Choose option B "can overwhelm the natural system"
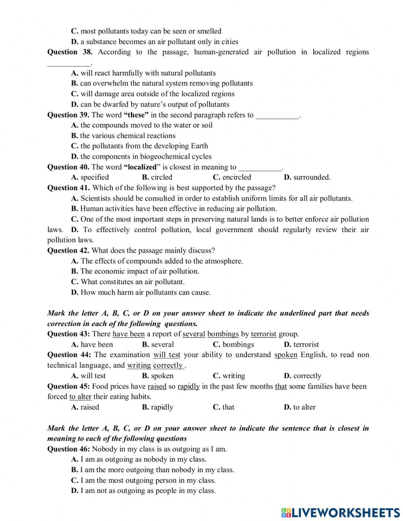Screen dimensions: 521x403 pyautogui.click(x=162, y=84)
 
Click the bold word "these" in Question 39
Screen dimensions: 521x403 pyautogui.click(x=136, y=115)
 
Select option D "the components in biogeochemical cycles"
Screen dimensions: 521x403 pyautogui.click(x=141, y=157)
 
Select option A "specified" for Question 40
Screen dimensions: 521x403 pyautogui.click(x=90, y=177)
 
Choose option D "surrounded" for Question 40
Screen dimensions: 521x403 pyautogui.click(x=307, y=177)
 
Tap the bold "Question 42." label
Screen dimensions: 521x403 pyautogui.click(x=69, y=251)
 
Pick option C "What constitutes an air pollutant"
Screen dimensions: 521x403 pyautogui.click(x=128, y=282)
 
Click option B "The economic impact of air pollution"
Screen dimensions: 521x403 pyautogui.click(x=135, y=272)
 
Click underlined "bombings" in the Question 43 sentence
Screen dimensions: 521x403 pyautogui.click(x=223, y=334)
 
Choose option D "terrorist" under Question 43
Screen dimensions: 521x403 pyautogui.click(x=301, y=345)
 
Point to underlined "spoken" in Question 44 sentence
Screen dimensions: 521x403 pyautogui.click(x=286, y=355)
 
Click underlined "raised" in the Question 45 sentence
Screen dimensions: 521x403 pyautogui.click(x=157, y=387)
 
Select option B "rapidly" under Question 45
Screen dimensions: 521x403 pyautogui.click(x=158, y=407)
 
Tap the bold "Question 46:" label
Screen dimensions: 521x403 pyautogui.click(x=69, y=449)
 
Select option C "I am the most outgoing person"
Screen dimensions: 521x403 pyautogui.click(x=143, y=481)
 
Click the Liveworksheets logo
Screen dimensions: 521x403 pyautogui.click(x=341, y=512)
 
